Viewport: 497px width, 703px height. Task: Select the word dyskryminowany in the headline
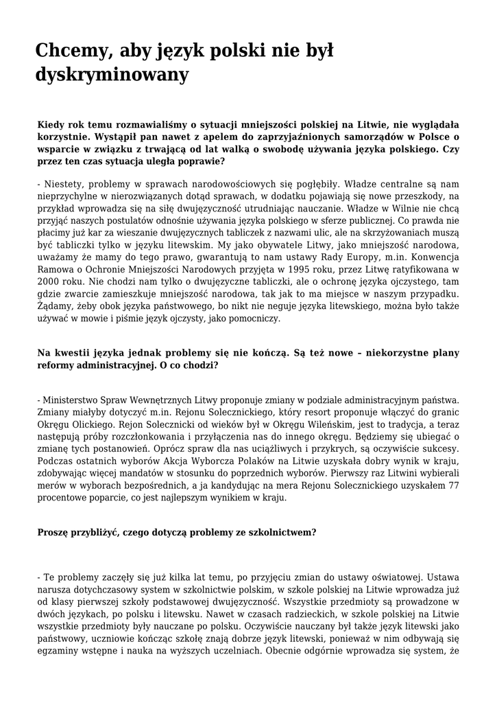tap(112, 74)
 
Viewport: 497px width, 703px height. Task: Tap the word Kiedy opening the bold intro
tap(51, 124)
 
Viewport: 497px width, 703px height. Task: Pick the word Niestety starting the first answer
tap(62, 184)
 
